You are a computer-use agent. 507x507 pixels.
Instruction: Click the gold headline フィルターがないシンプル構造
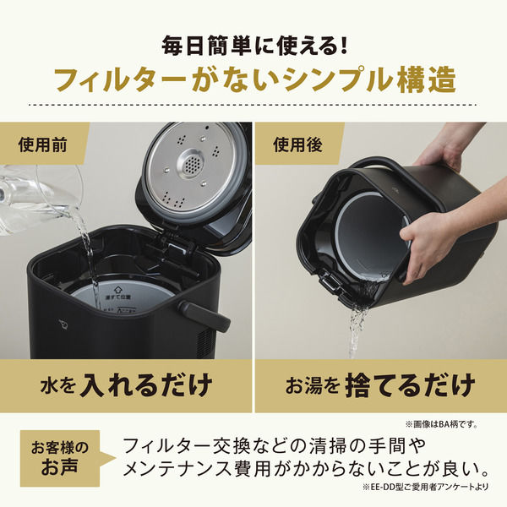pos(253,79)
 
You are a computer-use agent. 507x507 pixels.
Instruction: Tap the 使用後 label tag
pos(297,144)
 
